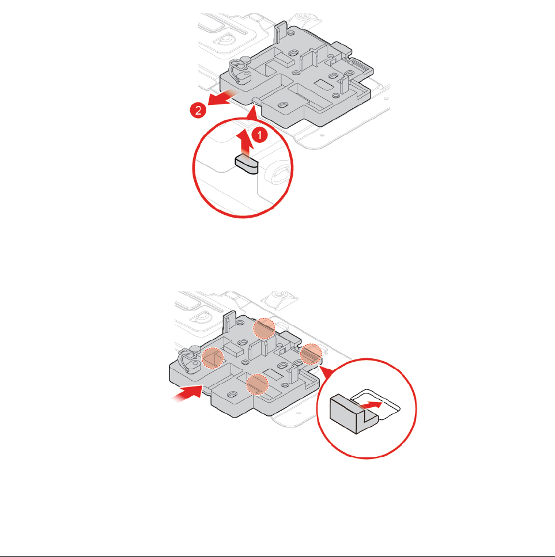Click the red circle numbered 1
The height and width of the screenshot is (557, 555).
pyautogui.click(x=261, y=136)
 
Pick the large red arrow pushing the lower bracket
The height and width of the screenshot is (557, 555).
pyautogui.click(x=186, y=394)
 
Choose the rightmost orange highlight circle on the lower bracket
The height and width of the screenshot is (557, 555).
pyautogui.click(x=311, y=353)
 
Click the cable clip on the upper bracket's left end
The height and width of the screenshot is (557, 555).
pyautogui.click(x=237, y=71)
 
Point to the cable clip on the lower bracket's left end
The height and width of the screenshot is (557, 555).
pyautogui.click(x=191, y=362)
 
